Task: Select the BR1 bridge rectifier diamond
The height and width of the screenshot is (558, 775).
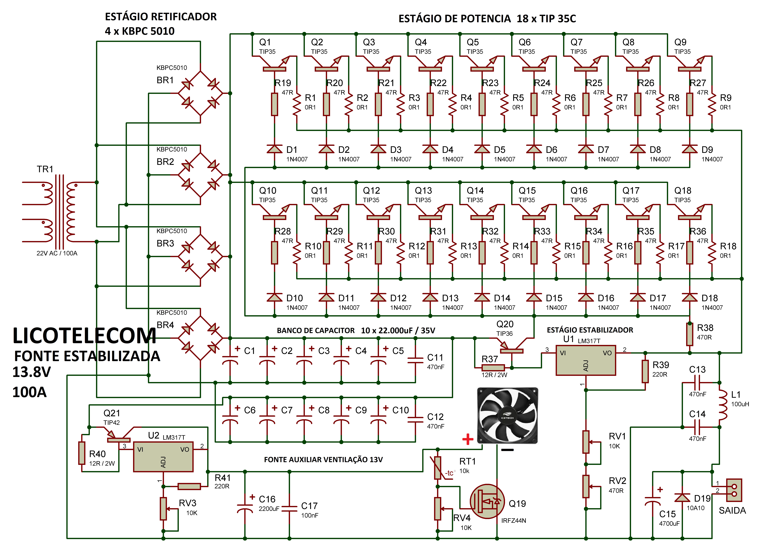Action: point(200,93)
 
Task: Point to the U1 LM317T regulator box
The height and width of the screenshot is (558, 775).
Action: point(586,361)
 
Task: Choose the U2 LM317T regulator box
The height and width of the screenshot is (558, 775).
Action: point(163,457)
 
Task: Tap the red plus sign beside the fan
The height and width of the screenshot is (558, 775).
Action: point(467,439)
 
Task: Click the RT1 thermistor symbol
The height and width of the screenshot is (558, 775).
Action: point(438,468)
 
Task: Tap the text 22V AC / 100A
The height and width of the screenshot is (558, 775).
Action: point(57,253)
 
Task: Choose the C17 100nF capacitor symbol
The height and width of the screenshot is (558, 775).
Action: point(289,508)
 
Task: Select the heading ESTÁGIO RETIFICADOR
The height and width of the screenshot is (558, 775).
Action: point(161,17)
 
